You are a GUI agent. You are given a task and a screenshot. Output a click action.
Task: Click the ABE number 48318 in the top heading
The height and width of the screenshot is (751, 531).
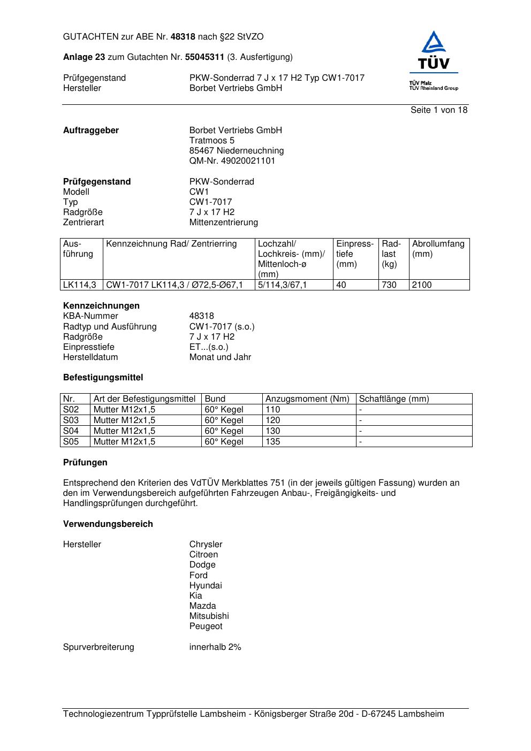pyautogui.click(x=183, y=37)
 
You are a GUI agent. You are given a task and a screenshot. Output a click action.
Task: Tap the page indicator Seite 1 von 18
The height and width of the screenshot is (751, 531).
pyautogui.click(x=439, y=110)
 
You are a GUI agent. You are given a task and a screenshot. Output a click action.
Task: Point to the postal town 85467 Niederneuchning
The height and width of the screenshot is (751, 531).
pyautogui.click(x=237, y=151)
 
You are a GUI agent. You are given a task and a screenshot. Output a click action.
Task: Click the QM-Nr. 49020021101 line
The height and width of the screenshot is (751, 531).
pyautogui.click(x=232, y=161)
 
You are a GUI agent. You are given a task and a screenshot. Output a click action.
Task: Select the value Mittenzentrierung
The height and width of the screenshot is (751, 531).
pyautogui.click(x=223, y=223)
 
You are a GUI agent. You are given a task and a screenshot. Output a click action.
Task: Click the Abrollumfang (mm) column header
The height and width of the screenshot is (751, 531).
pyautogui.click(x=438, y=249)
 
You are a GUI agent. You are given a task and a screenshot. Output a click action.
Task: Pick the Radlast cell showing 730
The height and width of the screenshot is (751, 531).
pyautogui.click(x=389, y=285)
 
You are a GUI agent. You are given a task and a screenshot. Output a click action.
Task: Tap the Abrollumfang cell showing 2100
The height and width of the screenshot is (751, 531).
pyautogui.click(x=422, y=285)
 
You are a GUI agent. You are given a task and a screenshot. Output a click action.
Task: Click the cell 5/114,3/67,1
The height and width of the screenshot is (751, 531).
pyautogui.click(x=283, y=285)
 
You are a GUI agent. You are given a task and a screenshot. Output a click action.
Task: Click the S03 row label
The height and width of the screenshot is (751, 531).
pyautogui.click(x=71, y=420)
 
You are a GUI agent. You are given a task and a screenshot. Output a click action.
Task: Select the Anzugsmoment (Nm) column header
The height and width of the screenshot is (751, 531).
pyautogui.click(x=307, y=399)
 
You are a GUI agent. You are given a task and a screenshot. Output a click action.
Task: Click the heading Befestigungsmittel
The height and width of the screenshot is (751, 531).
pyautogui.click(x=103, y=378)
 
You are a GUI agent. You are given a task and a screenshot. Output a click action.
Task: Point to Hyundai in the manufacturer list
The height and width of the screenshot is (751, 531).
pyautogui.click(x=206, y=586)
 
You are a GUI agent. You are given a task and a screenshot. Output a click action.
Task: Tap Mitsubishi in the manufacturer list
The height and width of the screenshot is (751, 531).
pyautogui.click(x=209, y=616)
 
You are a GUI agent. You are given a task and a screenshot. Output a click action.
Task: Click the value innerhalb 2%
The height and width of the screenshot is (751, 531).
pyautogui.click(x=215, y=647)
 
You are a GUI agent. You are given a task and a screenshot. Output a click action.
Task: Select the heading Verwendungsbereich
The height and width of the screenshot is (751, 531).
pyautogui.click(x=108, y=524)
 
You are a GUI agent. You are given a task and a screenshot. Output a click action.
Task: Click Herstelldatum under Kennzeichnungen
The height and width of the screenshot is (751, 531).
pyautogui.click(x=90, y=357)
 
